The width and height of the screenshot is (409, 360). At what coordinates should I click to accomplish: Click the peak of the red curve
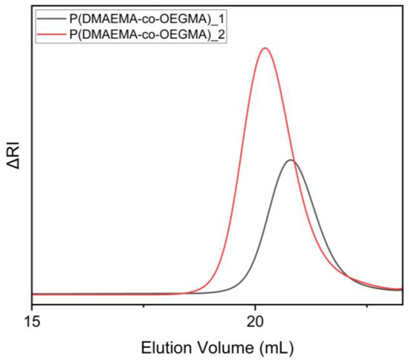coord(265,48)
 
